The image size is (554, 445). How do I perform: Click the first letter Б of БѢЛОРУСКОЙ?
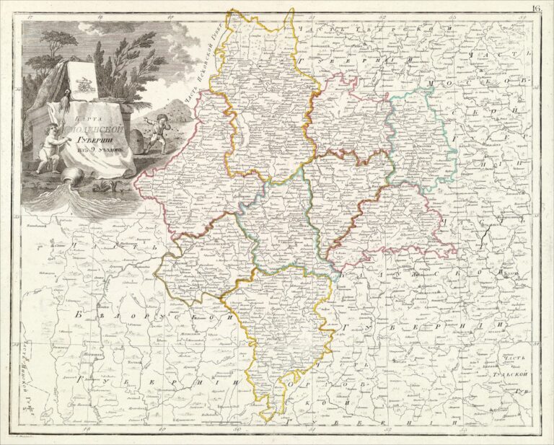[x=79, y=315]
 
